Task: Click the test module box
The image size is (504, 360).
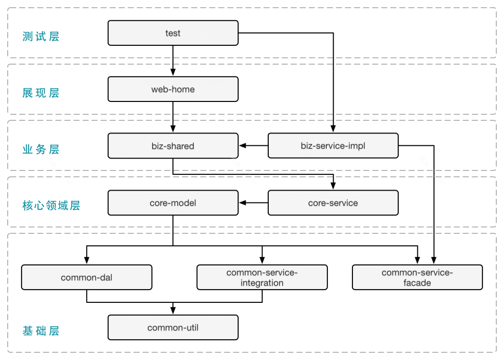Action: [173, 33]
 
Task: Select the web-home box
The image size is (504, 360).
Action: [173, 89]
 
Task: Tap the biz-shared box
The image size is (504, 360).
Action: [173, 146]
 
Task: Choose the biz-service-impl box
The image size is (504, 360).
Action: [333, 146]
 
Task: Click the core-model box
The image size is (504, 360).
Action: [173, 203]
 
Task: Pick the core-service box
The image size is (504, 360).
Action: [333, 203]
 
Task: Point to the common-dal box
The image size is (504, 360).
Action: [87, 277]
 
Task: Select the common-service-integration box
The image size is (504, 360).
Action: [262, 277]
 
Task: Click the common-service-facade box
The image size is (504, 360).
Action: [417, 277]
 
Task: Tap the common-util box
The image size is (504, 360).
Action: [173, 327]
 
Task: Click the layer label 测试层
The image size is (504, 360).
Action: [41, 36]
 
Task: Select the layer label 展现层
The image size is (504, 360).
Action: [41, 93]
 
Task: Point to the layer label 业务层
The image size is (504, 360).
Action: [41, 149]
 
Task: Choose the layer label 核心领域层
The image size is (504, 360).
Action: [51, 206]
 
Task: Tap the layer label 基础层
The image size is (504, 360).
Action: [41, 331]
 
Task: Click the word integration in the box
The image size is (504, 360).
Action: [262, 283]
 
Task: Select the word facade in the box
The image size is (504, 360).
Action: [417, 283]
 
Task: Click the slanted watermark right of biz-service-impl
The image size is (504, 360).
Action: [432, 171]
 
